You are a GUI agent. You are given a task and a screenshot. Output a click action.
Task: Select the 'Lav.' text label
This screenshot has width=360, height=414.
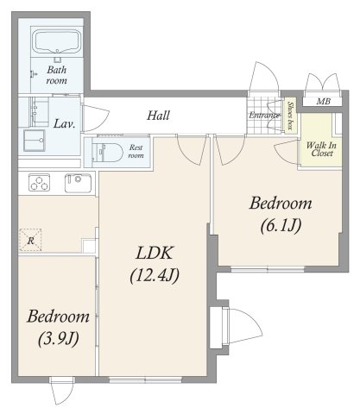click(65, 123)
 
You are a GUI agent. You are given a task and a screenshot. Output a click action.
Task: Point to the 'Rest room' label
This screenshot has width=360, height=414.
click(136, 152)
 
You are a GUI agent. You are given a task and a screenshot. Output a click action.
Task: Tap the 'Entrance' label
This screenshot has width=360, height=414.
click(263, 116)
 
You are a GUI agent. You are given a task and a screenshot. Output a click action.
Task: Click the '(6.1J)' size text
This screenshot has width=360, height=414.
click(281, 227)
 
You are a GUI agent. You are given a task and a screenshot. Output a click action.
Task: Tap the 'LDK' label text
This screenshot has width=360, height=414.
click(154, 255)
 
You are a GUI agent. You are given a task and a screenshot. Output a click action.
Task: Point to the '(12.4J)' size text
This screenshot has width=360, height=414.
click(154, 277)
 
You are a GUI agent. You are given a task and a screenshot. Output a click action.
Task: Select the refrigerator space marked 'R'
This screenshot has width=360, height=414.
click(31, 241)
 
